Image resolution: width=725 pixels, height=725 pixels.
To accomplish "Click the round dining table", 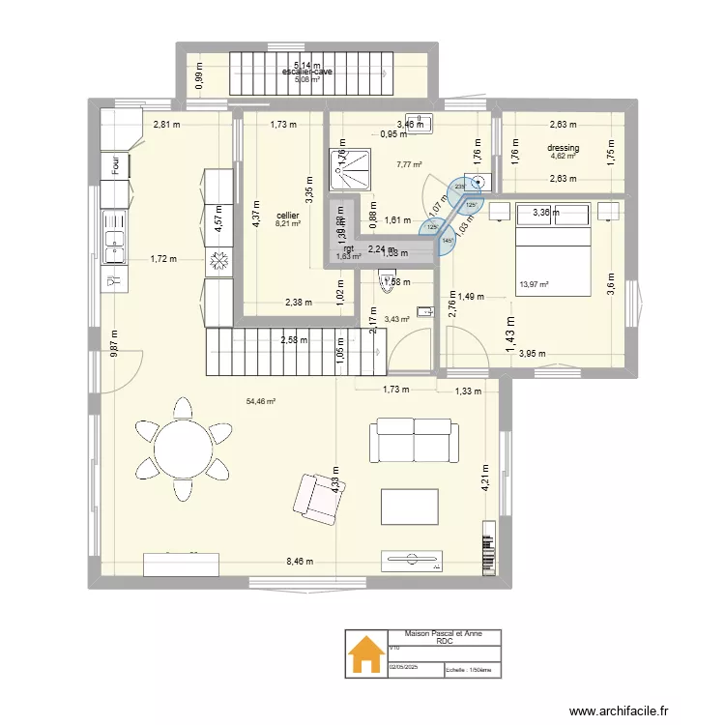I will [184, 449].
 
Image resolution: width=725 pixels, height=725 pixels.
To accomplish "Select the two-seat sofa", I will [413, 440].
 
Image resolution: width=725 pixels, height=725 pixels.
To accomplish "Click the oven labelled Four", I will [114, 166].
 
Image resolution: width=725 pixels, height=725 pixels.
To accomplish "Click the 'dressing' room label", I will [563, 148].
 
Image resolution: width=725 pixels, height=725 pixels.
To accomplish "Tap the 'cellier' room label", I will [287, 216].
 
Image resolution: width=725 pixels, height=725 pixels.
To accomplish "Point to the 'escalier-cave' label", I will [307, 72].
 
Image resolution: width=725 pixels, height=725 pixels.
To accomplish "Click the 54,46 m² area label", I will [261, 401].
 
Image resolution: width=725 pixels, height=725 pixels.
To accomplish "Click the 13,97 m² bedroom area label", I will [534, 284].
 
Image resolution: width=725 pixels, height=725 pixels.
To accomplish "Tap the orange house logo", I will [365, 654].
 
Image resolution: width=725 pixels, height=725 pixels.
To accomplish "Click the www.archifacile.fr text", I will [619, 711].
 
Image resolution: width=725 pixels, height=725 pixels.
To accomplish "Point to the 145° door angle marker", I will [448, 241].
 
